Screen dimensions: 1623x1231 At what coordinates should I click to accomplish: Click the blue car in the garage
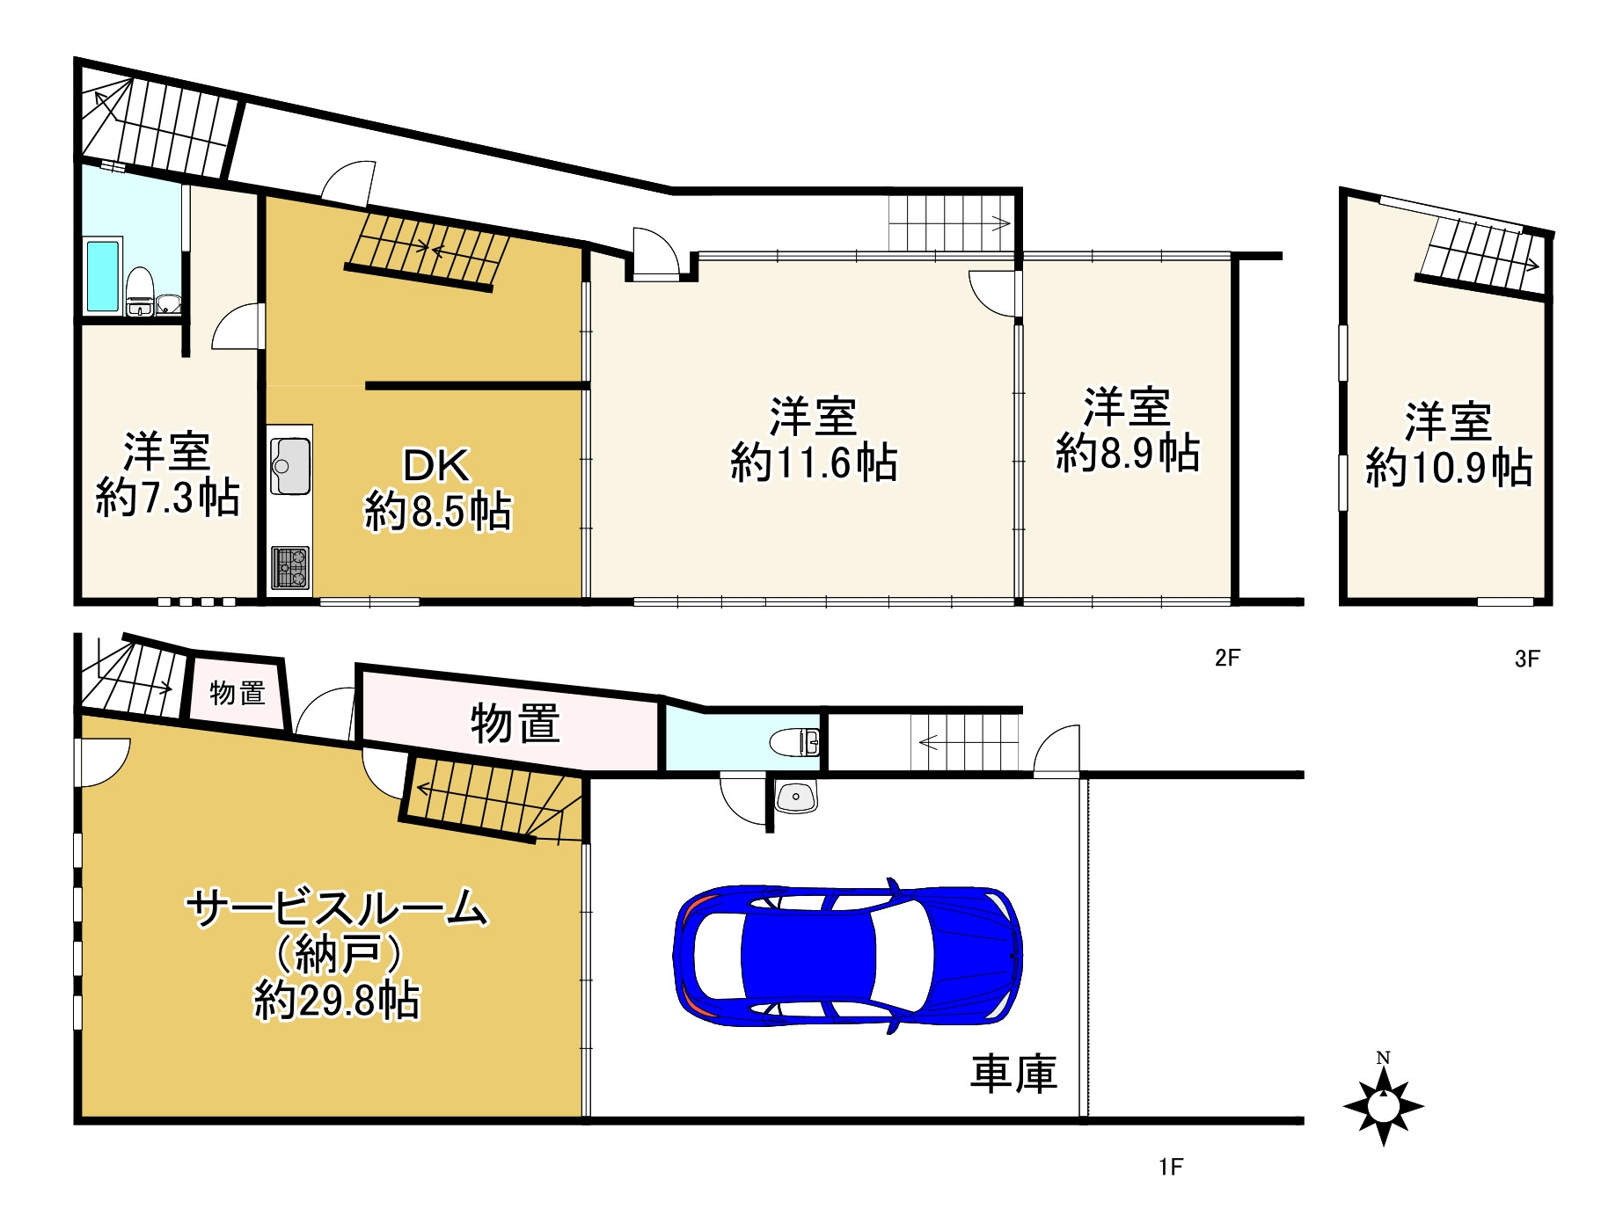click(847, 955)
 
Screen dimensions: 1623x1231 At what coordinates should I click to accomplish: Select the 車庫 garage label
click(1013, 1074)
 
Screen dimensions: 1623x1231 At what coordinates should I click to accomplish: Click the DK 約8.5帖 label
click(437, 489)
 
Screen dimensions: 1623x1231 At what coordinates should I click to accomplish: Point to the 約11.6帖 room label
click(814, 440)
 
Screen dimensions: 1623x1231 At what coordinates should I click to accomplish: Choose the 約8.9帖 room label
click(1127, 430)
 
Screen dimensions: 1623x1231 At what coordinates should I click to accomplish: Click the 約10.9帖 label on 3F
click(1449, 445)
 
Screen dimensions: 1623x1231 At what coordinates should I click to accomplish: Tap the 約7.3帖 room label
click(167, 474)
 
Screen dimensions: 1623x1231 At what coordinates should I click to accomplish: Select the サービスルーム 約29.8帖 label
click(337, 954)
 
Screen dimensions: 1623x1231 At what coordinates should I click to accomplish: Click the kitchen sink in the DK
click(289, 464)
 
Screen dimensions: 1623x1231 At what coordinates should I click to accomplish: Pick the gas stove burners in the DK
click(289, 567)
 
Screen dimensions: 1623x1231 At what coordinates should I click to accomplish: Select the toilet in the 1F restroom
click(794, 743)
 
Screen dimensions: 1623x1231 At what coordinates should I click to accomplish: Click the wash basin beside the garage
click(797, 798)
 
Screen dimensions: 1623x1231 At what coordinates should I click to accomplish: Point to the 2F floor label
click(1227, 658)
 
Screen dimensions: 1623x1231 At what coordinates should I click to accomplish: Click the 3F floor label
click(1527, 659)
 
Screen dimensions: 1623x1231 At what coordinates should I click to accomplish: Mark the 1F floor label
click(1170, 1167)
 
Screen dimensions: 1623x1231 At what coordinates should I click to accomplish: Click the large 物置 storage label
click(515, 724)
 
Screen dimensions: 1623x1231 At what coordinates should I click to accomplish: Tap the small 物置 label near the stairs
click(238, 693)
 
